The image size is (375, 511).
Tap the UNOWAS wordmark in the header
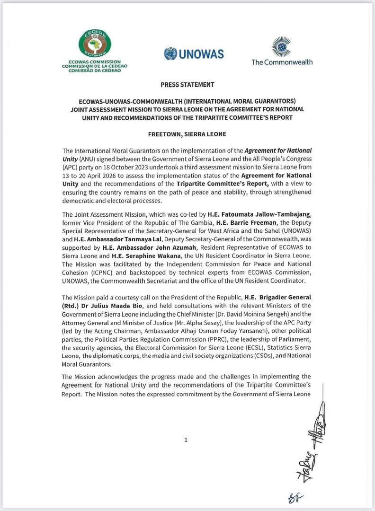[x=200, y=54]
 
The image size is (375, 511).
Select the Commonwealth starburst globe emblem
[x=282, y=46]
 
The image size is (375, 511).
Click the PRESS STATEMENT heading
[x=187, y=85]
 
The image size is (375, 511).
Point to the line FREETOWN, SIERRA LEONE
[x=187, y=133]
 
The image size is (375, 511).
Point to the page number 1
[x=186, y=440]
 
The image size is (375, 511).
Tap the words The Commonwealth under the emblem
[x=282, y=62]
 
